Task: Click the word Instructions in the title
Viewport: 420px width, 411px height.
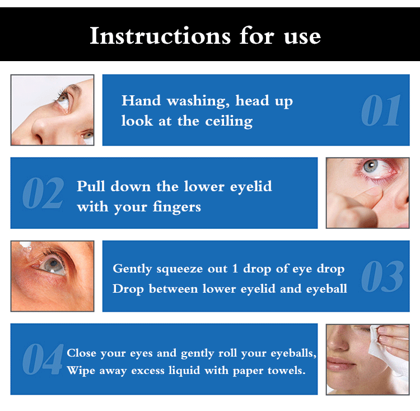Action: point(160,36)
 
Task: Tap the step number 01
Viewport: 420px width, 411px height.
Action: point(381,110)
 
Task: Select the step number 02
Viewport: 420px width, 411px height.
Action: point(43,193)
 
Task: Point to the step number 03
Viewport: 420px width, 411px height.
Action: point(382,276)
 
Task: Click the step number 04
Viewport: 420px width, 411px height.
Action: point(43,359)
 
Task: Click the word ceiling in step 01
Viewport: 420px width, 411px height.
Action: point(228,121)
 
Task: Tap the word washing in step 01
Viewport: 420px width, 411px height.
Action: point(198,101)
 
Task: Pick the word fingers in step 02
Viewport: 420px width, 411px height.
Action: point(176,207)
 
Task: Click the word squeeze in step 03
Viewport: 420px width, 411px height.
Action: point(179,269)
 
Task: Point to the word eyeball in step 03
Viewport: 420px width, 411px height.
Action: point(326,289)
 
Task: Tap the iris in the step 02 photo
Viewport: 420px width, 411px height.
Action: point(371,167)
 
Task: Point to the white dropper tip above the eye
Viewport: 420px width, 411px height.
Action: point(25,244)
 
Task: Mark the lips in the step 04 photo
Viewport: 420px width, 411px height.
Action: point(340,363)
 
